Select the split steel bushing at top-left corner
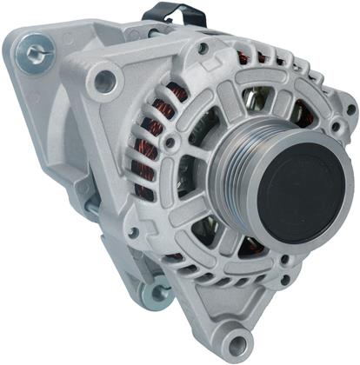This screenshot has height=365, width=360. click(x=35, y=54)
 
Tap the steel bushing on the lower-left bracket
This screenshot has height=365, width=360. click(x=157, y=293)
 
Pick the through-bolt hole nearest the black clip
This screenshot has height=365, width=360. click(x=203, y=50)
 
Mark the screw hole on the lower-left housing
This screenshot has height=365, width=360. click(x=133, y=233)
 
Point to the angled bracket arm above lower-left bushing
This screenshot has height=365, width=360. click(x=122, y=261)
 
